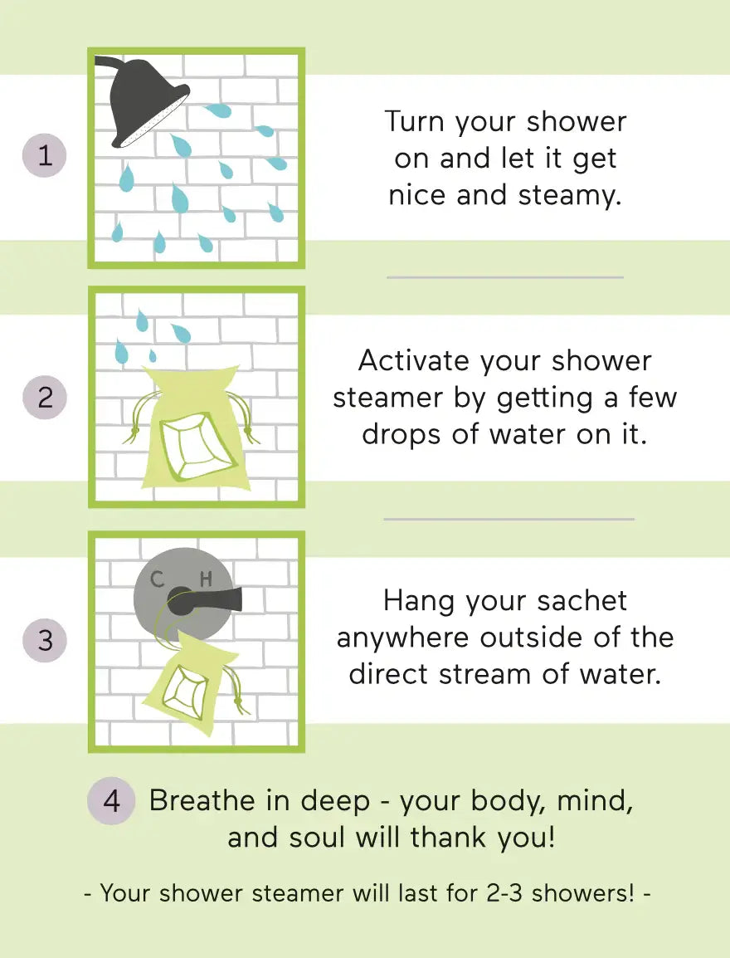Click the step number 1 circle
coord(45,155)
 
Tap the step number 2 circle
coord(45,397)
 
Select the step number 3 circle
coord(45,640)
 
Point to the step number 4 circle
coord(111,801)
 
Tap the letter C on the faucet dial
coord(158,579)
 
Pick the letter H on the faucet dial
coord(206,579)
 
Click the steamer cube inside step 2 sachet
coord(197,447)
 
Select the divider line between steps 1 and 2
coord(504,277)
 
